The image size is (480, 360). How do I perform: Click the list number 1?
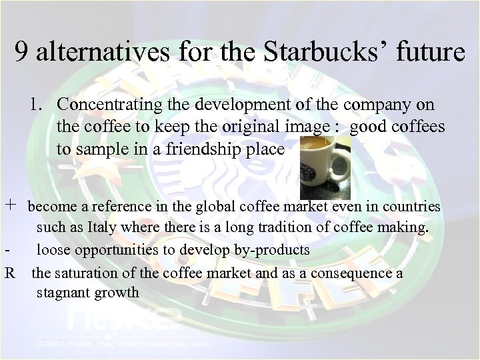tap(35, 105)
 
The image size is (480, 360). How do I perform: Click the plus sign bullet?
tap(10, 207)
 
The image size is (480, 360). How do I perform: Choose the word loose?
tap(53, 250)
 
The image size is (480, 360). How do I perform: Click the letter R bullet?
tap(9, 272)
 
